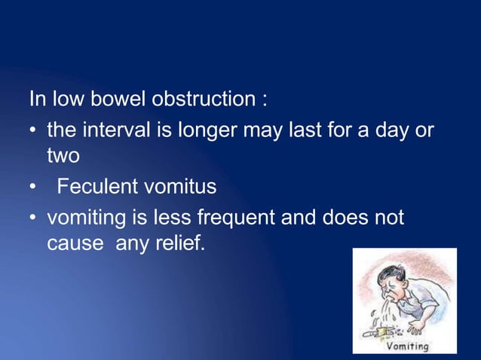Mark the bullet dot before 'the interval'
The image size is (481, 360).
coord(33,131)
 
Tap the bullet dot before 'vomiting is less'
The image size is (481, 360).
coord(33,219)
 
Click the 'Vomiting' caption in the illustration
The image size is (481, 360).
coord(407,346)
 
